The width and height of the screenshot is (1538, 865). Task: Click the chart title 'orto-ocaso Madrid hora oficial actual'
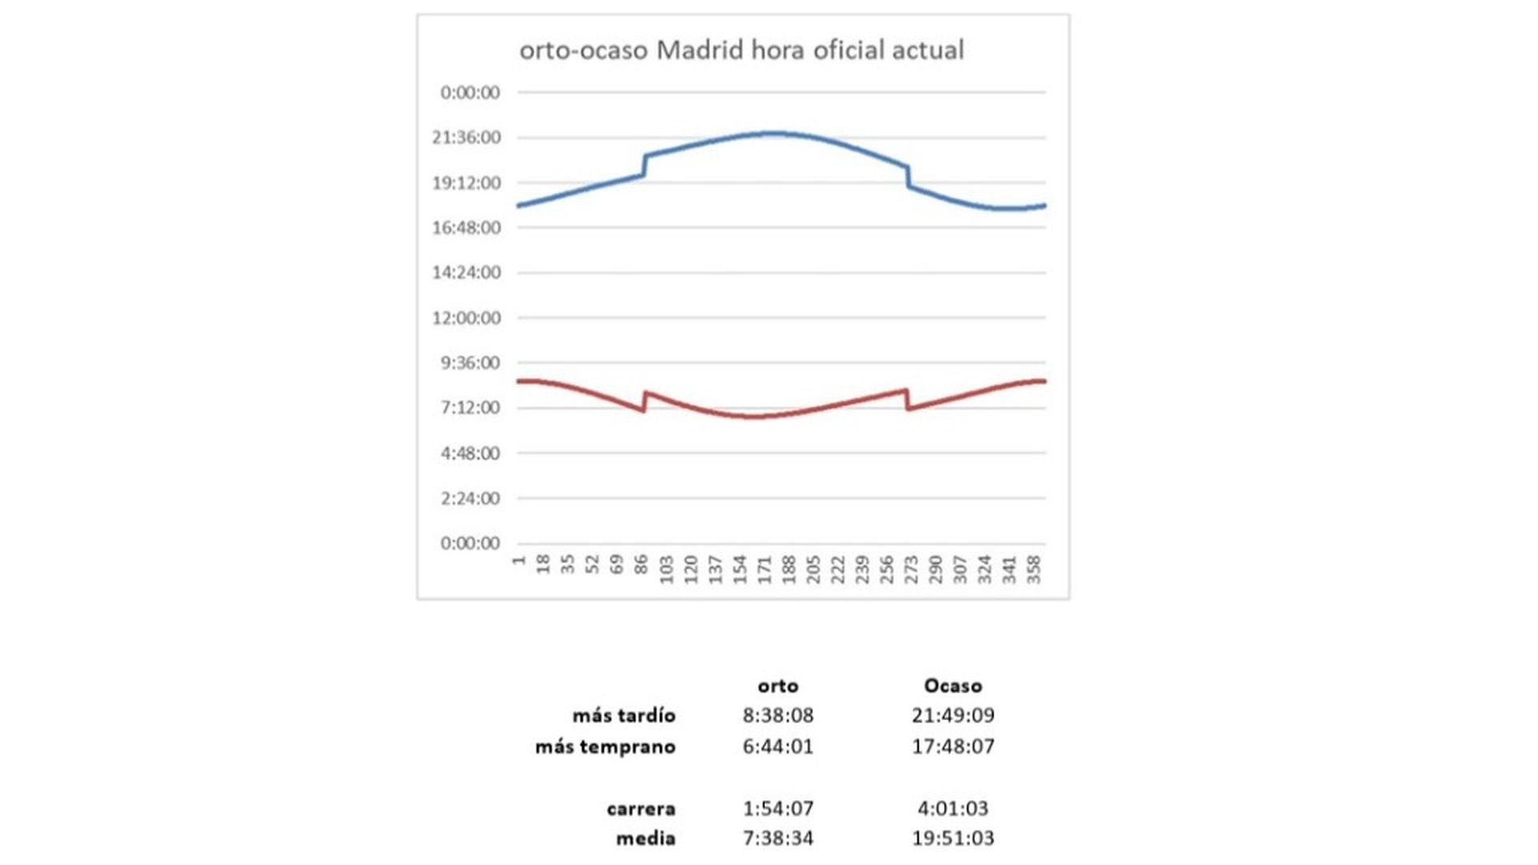click(742, 50)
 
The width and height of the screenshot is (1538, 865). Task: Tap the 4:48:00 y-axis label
click(469, 453)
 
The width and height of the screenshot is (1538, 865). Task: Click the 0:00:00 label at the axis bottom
click(469, 543)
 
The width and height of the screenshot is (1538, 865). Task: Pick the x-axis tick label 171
click(765, 569)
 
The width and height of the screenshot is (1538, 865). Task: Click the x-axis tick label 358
click(1034, 569)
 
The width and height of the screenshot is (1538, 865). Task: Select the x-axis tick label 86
click(642, 566)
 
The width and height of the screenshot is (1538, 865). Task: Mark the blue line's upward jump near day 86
click(644, 165)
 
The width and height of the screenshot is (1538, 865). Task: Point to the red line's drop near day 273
click(908, 400)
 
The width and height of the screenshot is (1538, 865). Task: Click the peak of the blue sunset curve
click(774, 133)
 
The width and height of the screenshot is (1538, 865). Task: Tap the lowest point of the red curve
click(755, 416)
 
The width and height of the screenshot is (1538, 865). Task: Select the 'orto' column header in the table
click(778, 686)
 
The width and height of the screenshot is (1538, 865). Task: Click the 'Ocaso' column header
click(952, 686)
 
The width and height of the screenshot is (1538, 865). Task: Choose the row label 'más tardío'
click(623, 715)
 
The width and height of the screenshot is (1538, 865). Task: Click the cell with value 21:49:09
click(952, 715)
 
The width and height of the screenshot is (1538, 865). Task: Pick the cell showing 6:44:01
click(778, 746)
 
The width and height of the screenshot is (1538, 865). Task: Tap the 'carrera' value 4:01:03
click(952, 808)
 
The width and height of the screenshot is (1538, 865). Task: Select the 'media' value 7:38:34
click(778, 839)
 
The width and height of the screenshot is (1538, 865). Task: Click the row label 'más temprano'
click(605, 746)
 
